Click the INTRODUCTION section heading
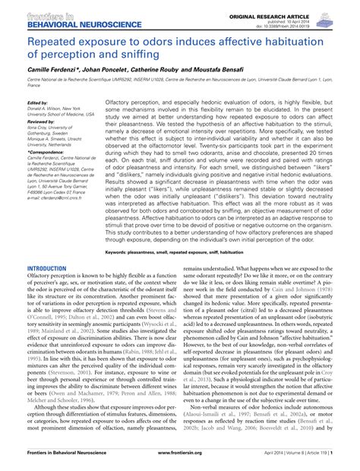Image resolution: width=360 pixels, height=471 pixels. click(47, 269)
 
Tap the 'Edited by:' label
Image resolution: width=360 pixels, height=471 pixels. click(37, 103)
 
